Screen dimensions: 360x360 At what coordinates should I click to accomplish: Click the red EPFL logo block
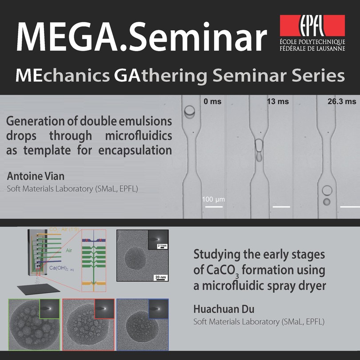(312, 25)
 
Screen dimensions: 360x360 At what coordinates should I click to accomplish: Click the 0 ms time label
(212, 101)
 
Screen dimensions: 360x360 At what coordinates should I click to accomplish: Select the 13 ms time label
(278, 101)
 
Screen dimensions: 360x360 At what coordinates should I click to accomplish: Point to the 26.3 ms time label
(342, 101)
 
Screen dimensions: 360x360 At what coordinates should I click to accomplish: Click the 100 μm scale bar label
(213, 199)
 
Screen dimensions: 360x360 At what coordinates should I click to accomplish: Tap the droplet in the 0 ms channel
(190, 112)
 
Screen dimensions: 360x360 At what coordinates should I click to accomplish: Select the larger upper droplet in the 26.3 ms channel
(327, 191)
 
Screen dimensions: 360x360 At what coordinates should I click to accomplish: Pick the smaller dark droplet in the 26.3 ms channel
(327, 202)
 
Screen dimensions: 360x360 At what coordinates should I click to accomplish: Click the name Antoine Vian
(36, 176)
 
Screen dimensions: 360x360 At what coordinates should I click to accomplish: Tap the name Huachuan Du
(224, 309)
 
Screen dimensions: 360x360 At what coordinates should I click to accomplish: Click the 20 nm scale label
(160, 277)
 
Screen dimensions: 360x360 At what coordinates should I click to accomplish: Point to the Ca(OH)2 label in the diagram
(61, 268)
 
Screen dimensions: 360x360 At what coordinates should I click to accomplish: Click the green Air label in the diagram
(69, 250)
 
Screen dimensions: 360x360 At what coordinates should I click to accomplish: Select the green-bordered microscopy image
(34, 324)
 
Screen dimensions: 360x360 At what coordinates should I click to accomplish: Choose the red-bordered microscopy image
(88, 324)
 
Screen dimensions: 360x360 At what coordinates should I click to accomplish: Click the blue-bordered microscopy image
(143, 324)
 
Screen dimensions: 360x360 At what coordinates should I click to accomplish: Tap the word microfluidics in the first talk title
(138, 136)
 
